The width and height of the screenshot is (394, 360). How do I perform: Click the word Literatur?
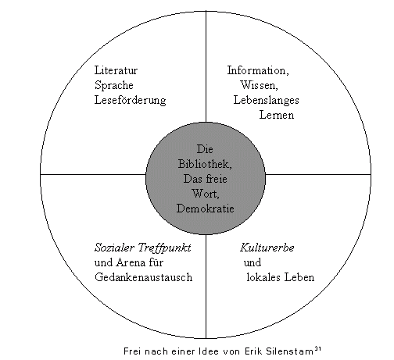[116, 70]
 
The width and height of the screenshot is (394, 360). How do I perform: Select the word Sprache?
[114, 85]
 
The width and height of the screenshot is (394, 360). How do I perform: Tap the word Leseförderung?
[130, 101]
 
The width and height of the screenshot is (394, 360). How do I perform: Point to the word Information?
[258, 70]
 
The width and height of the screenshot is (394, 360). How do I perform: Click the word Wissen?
[259, 85]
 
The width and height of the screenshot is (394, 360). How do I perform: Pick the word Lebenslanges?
[266, 101]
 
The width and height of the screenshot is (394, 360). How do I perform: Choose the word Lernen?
[277, 115]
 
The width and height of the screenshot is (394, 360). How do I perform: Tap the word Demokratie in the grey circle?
[206, 209]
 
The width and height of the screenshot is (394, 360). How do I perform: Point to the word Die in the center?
[205, 149]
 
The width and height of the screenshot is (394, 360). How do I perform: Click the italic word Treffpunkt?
[164, 248]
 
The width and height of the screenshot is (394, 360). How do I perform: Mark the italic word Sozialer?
[114, 248]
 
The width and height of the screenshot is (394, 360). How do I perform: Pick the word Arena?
[131, 262]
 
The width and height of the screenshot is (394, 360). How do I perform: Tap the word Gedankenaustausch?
[143, 277]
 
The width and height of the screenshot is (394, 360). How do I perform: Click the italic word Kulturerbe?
[267, 248]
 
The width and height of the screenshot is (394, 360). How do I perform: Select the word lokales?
[263, 277]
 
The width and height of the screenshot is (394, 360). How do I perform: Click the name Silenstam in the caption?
[289, 351]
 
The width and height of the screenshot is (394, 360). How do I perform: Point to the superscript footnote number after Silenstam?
[318, 348]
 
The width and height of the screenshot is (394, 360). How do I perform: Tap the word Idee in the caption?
[209, 351]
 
